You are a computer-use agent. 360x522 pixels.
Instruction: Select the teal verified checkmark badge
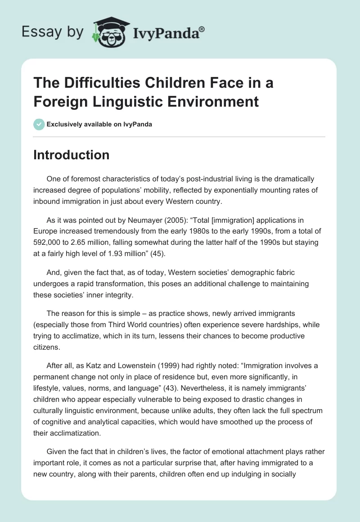click(x=39, y=124)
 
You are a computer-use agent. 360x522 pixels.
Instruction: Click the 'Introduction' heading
click(x=72, y=155)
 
